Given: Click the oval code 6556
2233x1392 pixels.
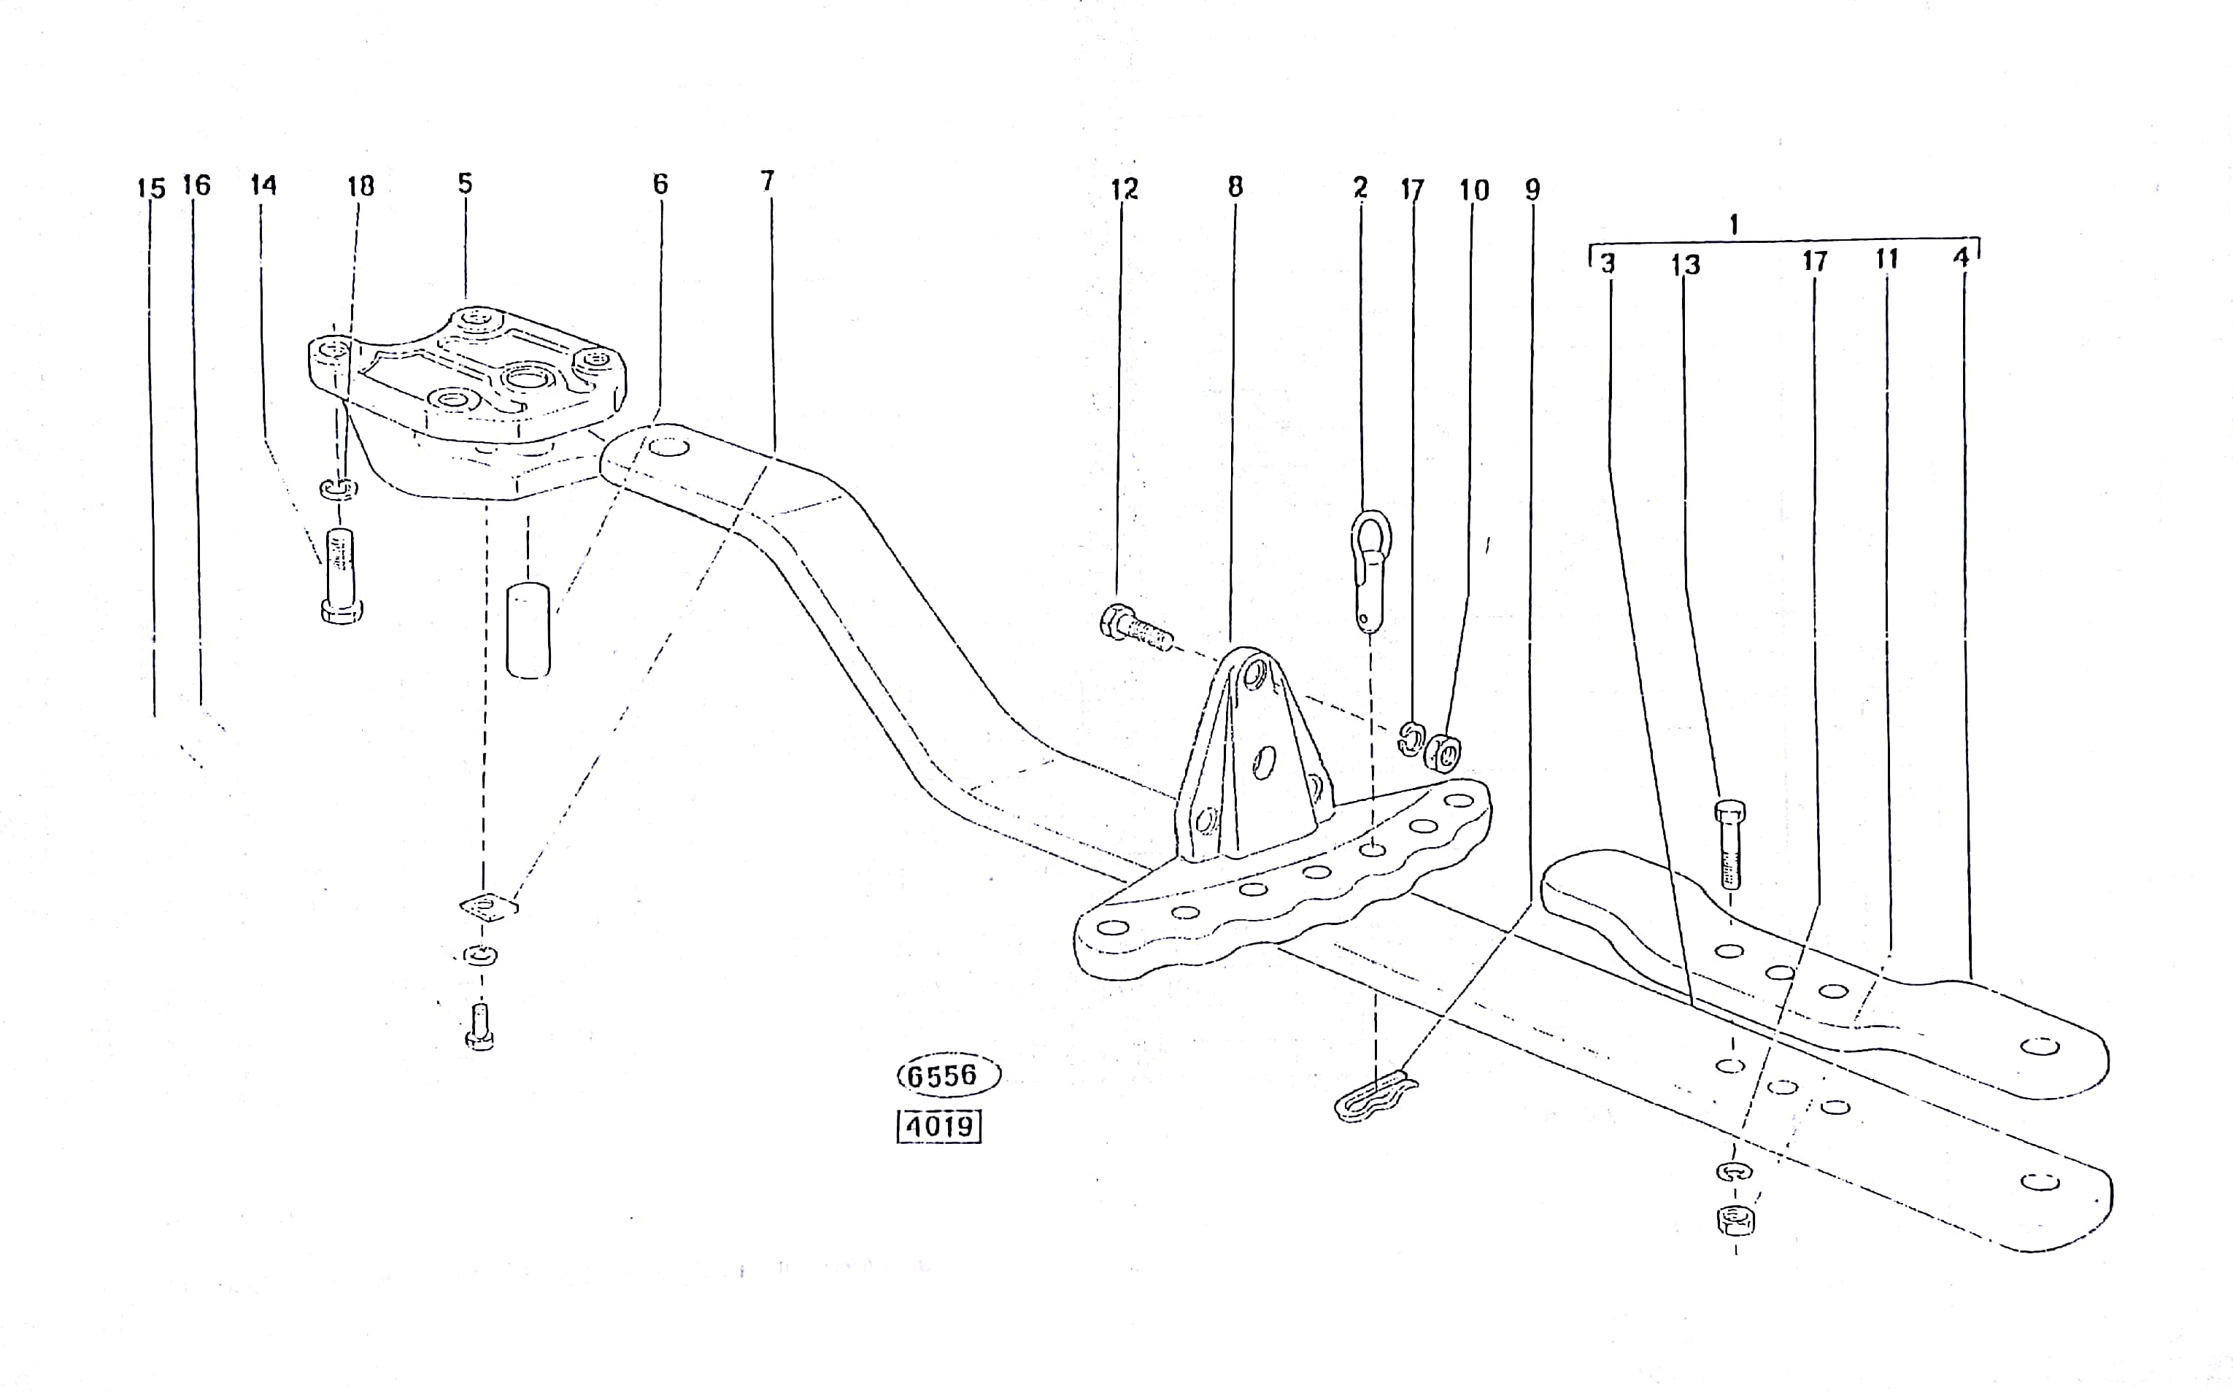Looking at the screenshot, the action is [949, 1075].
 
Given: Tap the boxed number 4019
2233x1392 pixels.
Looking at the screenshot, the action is [939, 1126].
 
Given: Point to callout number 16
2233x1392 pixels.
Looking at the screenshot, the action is [196, 185].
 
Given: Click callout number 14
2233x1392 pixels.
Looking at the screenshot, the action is [263, 185].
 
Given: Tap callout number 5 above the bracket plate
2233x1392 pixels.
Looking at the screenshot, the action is [465, 183].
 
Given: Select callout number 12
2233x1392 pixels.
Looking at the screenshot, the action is [1125, 190].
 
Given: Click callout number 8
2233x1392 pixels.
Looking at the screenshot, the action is [1235, 187].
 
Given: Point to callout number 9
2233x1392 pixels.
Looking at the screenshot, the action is [1532, 190].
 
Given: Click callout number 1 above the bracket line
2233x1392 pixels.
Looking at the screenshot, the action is [1734, 225].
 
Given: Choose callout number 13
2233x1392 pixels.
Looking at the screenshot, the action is [1686, 265].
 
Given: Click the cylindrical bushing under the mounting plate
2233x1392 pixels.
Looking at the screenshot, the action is [528, 630].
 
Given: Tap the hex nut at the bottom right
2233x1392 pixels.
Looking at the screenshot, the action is [1736, 1221].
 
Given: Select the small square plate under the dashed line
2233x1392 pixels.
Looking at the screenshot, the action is [489, 906].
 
